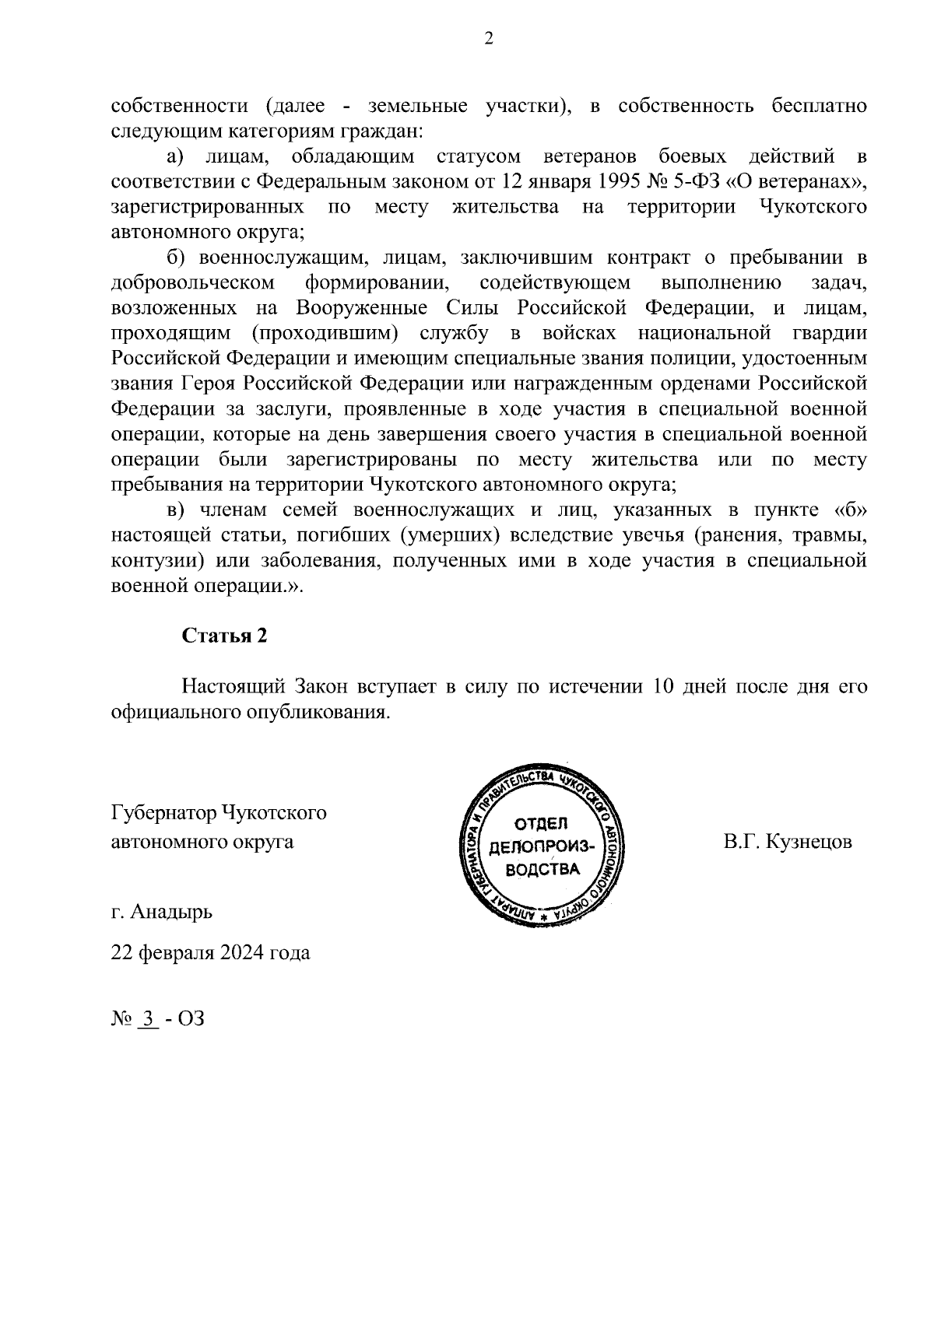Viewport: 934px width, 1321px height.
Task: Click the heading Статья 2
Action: tap(224, 636)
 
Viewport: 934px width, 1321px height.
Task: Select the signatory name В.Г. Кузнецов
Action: tap(787, 842)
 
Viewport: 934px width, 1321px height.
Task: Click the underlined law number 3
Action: tap(147, 1018)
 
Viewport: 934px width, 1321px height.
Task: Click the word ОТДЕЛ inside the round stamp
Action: tap(542, 824)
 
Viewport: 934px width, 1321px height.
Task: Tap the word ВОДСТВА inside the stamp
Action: tap(542, 869)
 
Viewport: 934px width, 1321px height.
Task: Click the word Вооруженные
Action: tap(356, 308)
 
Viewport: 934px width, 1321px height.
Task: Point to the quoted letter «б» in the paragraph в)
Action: tap(850, 510)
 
